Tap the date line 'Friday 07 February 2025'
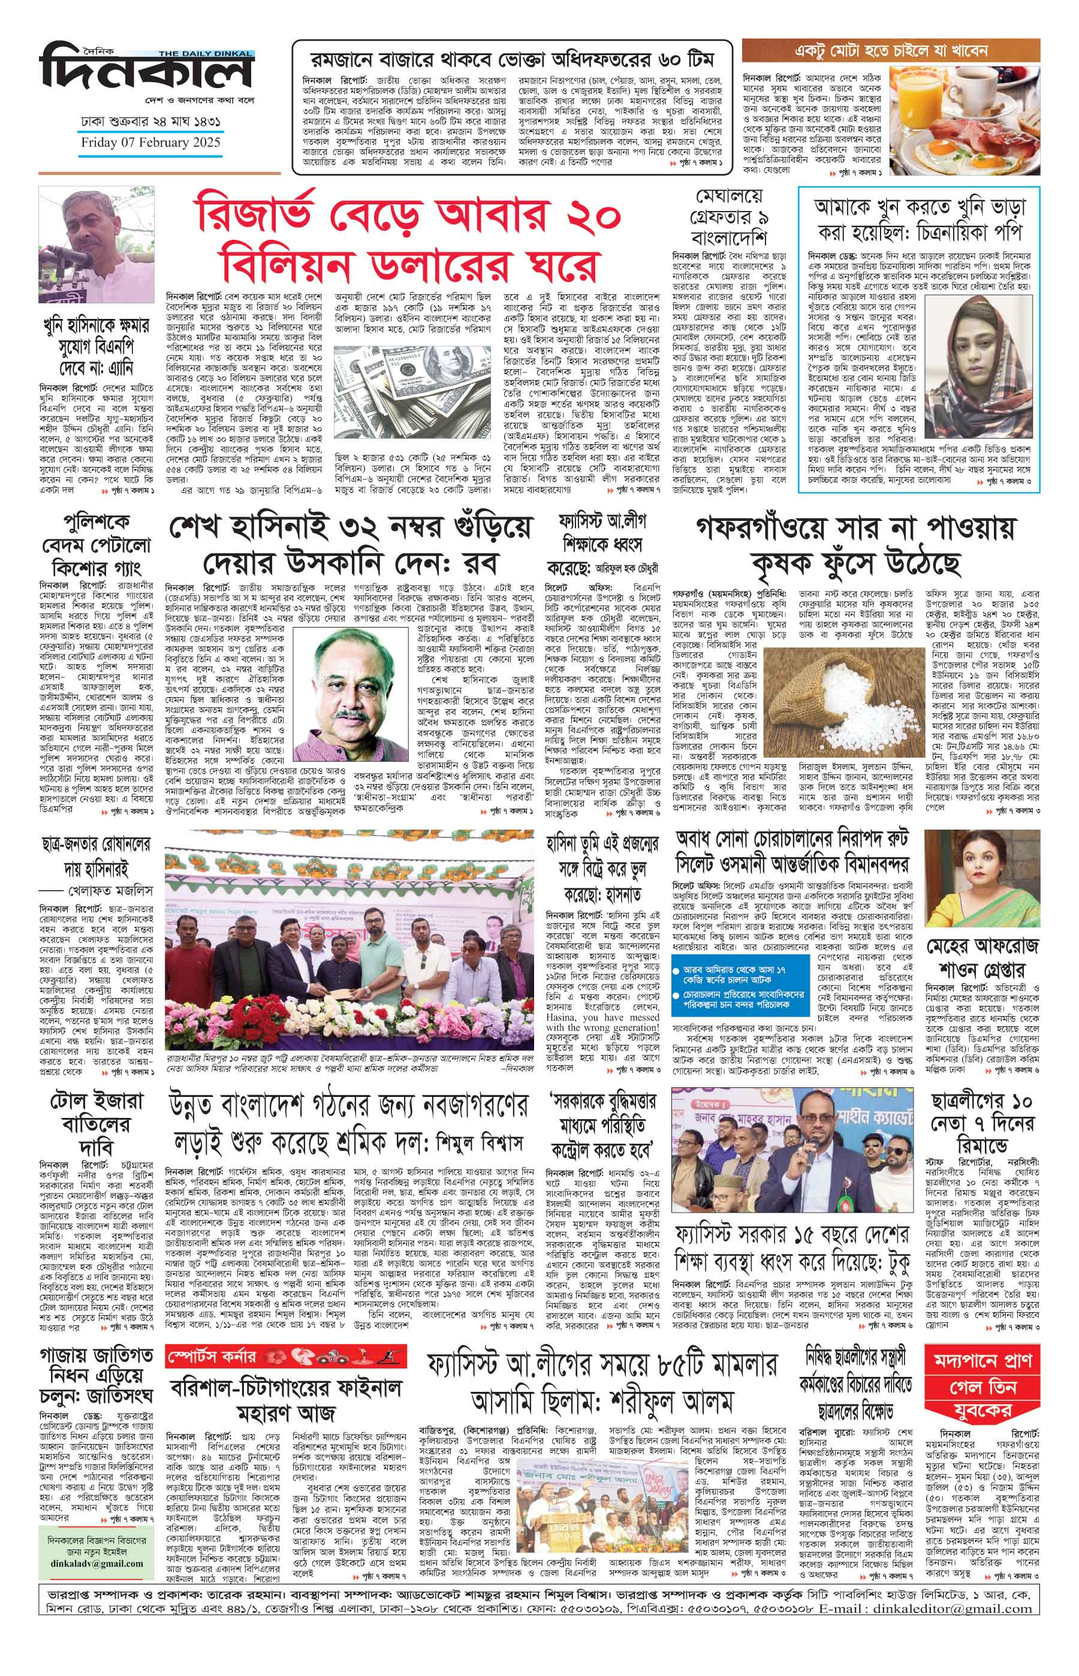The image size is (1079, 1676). pyautogui.click(x=150, y=142)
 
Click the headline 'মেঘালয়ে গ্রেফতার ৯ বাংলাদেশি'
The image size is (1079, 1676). pyautogui.click(x=729, y=216)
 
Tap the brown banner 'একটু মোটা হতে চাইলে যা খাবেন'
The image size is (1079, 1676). pyautogui.click(x=891, y=51)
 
